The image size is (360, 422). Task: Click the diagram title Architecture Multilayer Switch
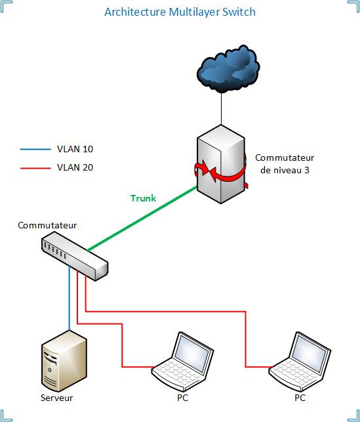tap(180, 12)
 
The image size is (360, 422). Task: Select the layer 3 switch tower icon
tap(220, 164)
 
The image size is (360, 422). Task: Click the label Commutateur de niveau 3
tap(285, 164)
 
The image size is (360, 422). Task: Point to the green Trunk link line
tap(141, 219)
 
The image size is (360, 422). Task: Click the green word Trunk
tap(143, 198)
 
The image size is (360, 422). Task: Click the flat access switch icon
tap(73, 256)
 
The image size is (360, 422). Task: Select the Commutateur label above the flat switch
tap(47, 226)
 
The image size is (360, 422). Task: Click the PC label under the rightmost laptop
tap(300, 398)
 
